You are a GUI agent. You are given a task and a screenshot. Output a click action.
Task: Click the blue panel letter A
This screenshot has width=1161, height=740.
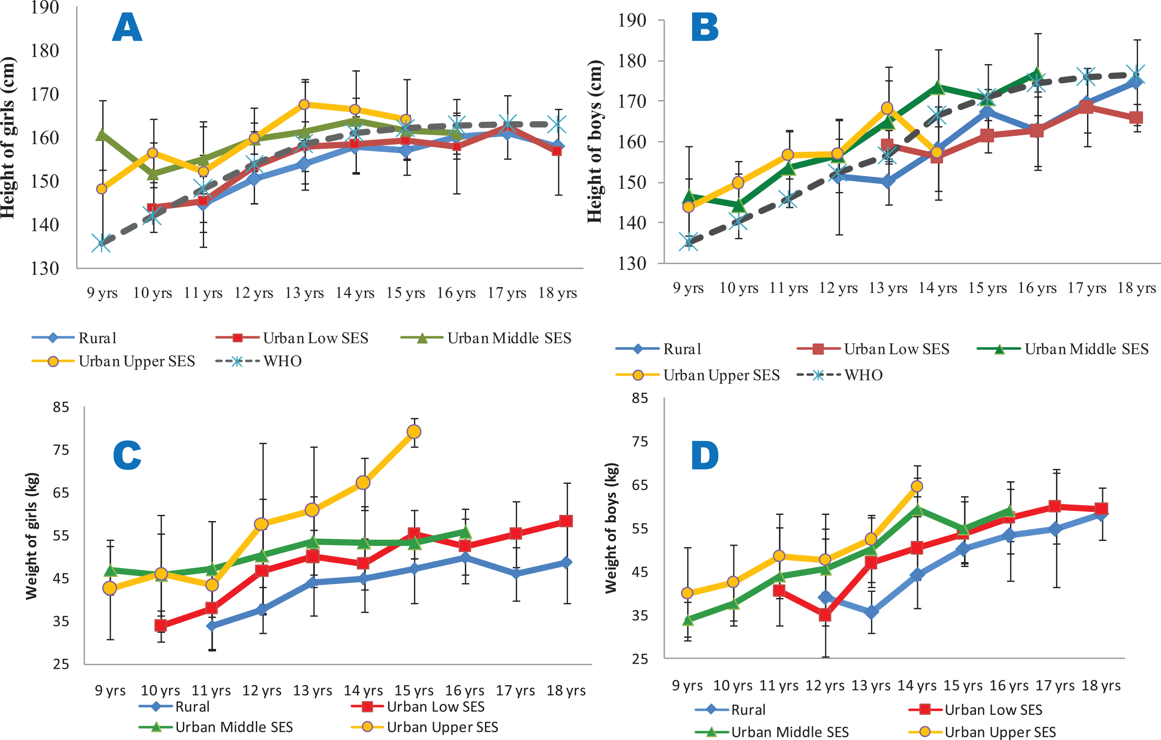pyautogui.click(x=127, y=27)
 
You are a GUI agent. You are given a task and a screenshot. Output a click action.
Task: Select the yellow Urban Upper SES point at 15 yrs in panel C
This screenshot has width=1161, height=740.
pyautogui.click(x=414, y=432)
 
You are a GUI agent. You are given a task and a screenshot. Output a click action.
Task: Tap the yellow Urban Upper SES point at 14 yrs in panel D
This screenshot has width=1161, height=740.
pyautogui.click(x=917, y=486)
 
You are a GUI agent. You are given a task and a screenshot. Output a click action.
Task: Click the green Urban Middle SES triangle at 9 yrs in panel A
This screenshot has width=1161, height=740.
pyautogui.click(x=102, y=134)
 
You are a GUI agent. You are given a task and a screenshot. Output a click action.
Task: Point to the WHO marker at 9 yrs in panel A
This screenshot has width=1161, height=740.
pyautogui.click(x=102, y=243)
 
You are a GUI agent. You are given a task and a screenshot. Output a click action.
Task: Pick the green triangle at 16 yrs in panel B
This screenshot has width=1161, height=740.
pyautogui.click(x=1037, y=75)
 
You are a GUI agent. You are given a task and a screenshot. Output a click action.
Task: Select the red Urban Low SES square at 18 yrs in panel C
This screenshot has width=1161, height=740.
pyautogui.click(x=565, y=521)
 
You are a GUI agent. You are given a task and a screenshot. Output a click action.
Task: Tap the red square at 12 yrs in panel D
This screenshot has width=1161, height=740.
pyautogui.click(x=825, y=615)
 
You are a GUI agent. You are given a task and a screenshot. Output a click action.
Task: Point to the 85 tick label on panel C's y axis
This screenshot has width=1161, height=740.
pyautogui.click(x=61, y=407)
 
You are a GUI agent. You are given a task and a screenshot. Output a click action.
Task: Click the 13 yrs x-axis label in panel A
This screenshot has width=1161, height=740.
pyautogui.click(x=304, y=293)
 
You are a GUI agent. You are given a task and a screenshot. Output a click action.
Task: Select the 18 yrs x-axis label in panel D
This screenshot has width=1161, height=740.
pyautogui.click(x=1101, y=686)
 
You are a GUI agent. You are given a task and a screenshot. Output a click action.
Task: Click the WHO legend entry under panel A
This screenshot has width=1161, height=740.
pyautogui.click(x=282, y=361)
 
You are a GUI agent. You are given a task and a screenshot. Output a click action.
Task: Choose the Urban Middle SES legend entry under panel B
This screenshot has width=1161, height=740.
pyautogui.click(x=1086, y=349)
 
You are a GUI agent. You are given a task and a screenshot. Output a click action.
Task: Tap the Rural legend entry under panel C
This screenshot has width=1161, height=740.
pyautogui.click(x=192, y=707)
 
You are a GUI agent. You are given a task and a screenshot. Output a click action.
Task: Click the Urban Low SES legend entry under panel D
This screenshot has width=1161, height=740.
pyautogui.click(x=993, y=709)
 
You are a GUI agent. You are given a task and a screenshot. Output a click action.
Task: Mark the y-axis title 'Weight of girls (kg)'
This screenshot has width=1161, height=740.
pyautogui.click(x=31, y=536)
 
